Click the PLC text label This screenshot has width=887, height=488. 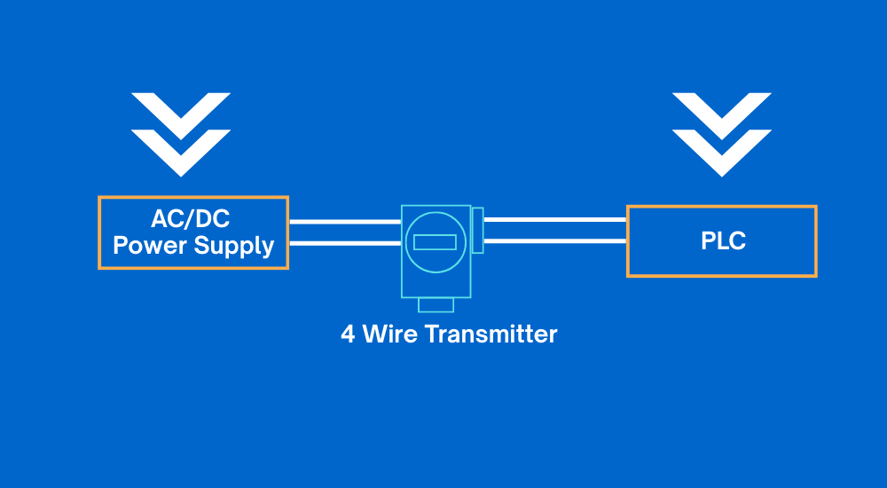[721, 241]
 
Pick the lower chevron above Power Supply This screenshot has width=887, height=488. [181, 150]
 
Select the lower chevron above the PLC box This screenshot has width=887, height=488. [722, 150]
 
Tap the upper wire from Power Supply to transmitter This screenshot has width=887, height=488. [344, 222]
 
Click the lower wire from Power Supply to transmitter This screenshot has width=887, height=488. [344, 243]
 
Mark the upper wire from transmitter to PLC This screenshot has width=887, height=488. [554, 219]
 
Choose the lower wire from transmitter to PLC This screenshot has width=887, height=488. [554, 240]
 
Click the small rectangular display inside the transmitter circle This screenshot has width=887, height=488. [436, 242]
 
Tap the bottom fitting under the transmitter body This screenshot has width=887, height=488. [436, 305]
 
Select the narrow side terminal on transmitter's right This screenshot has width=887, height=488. [477, 231]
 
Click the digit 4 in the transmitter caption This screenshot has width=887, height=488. [348, 335]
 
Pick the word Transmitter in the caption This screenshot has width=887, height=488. [491, 335]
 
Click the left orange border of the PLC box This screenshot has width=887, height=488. [628, 241]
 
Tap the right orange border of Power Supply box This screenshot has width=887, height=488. [287, 232]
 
